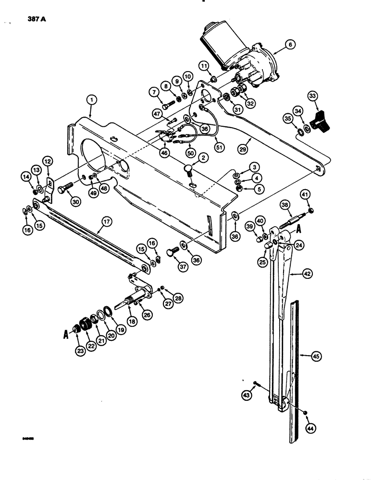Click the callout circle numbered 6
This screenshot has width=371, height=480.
point(290,45)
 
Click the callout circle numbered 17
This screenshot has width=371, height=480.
point(105,222)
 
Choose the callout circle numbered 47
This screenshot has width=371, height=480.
point(157,113)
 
